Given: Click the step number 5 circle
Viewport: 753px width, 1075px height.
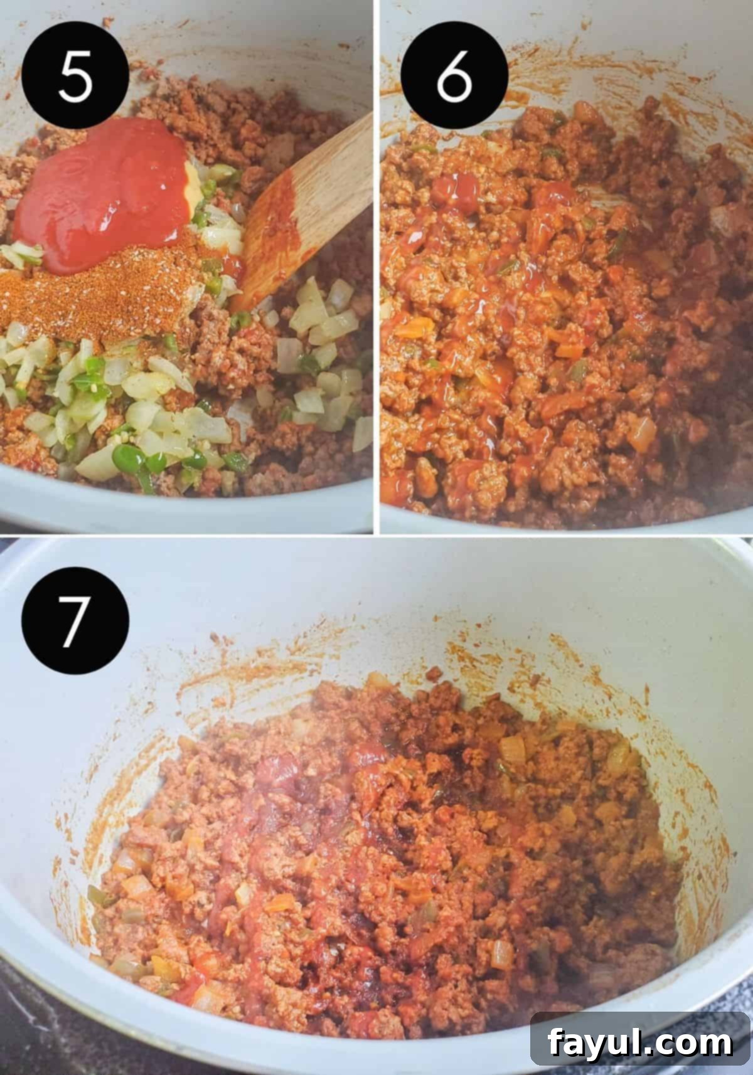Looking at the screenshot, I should tap(75, 75).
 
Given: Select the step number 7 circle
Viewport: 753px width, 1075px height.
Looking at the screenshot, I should tap(75, 620).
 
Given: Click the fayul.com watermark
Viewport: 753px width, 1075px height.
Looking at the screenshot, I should tap(640, 1043).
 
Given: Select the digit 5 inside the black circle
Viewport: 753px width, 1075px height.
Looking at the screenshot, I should tap(75, 76).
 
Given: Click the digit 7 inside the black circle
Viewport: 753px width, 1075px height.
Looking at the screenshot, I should tap(75, 621).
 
